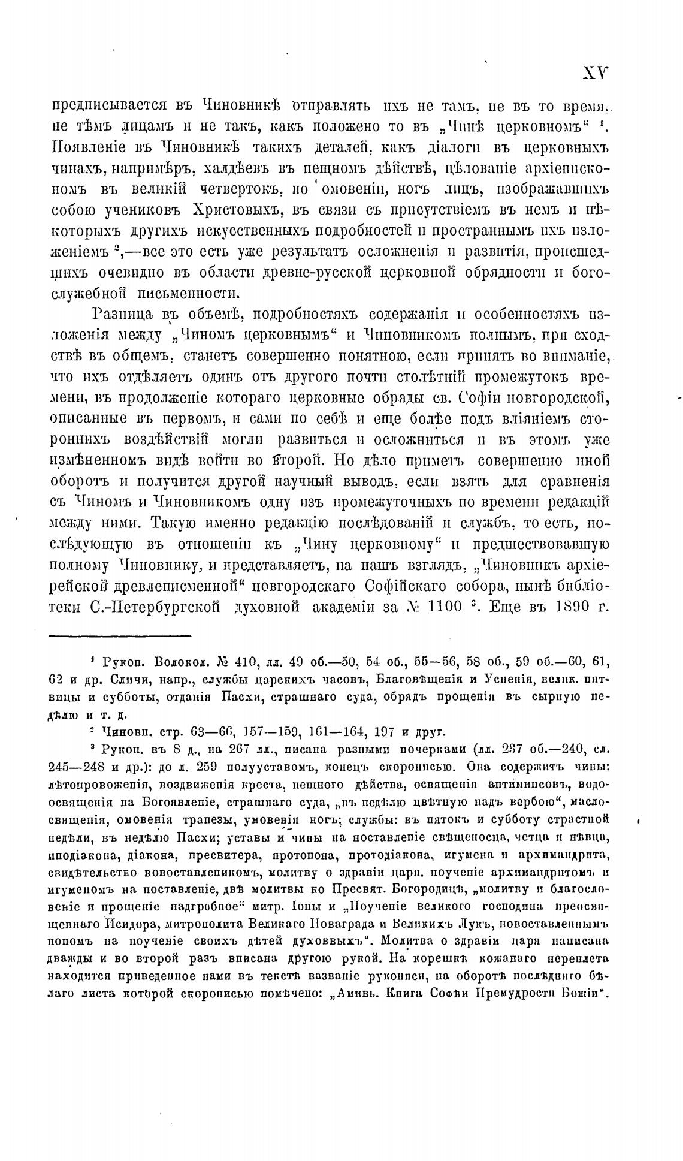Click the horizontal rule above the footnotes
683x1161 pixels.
click(119, 635)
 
